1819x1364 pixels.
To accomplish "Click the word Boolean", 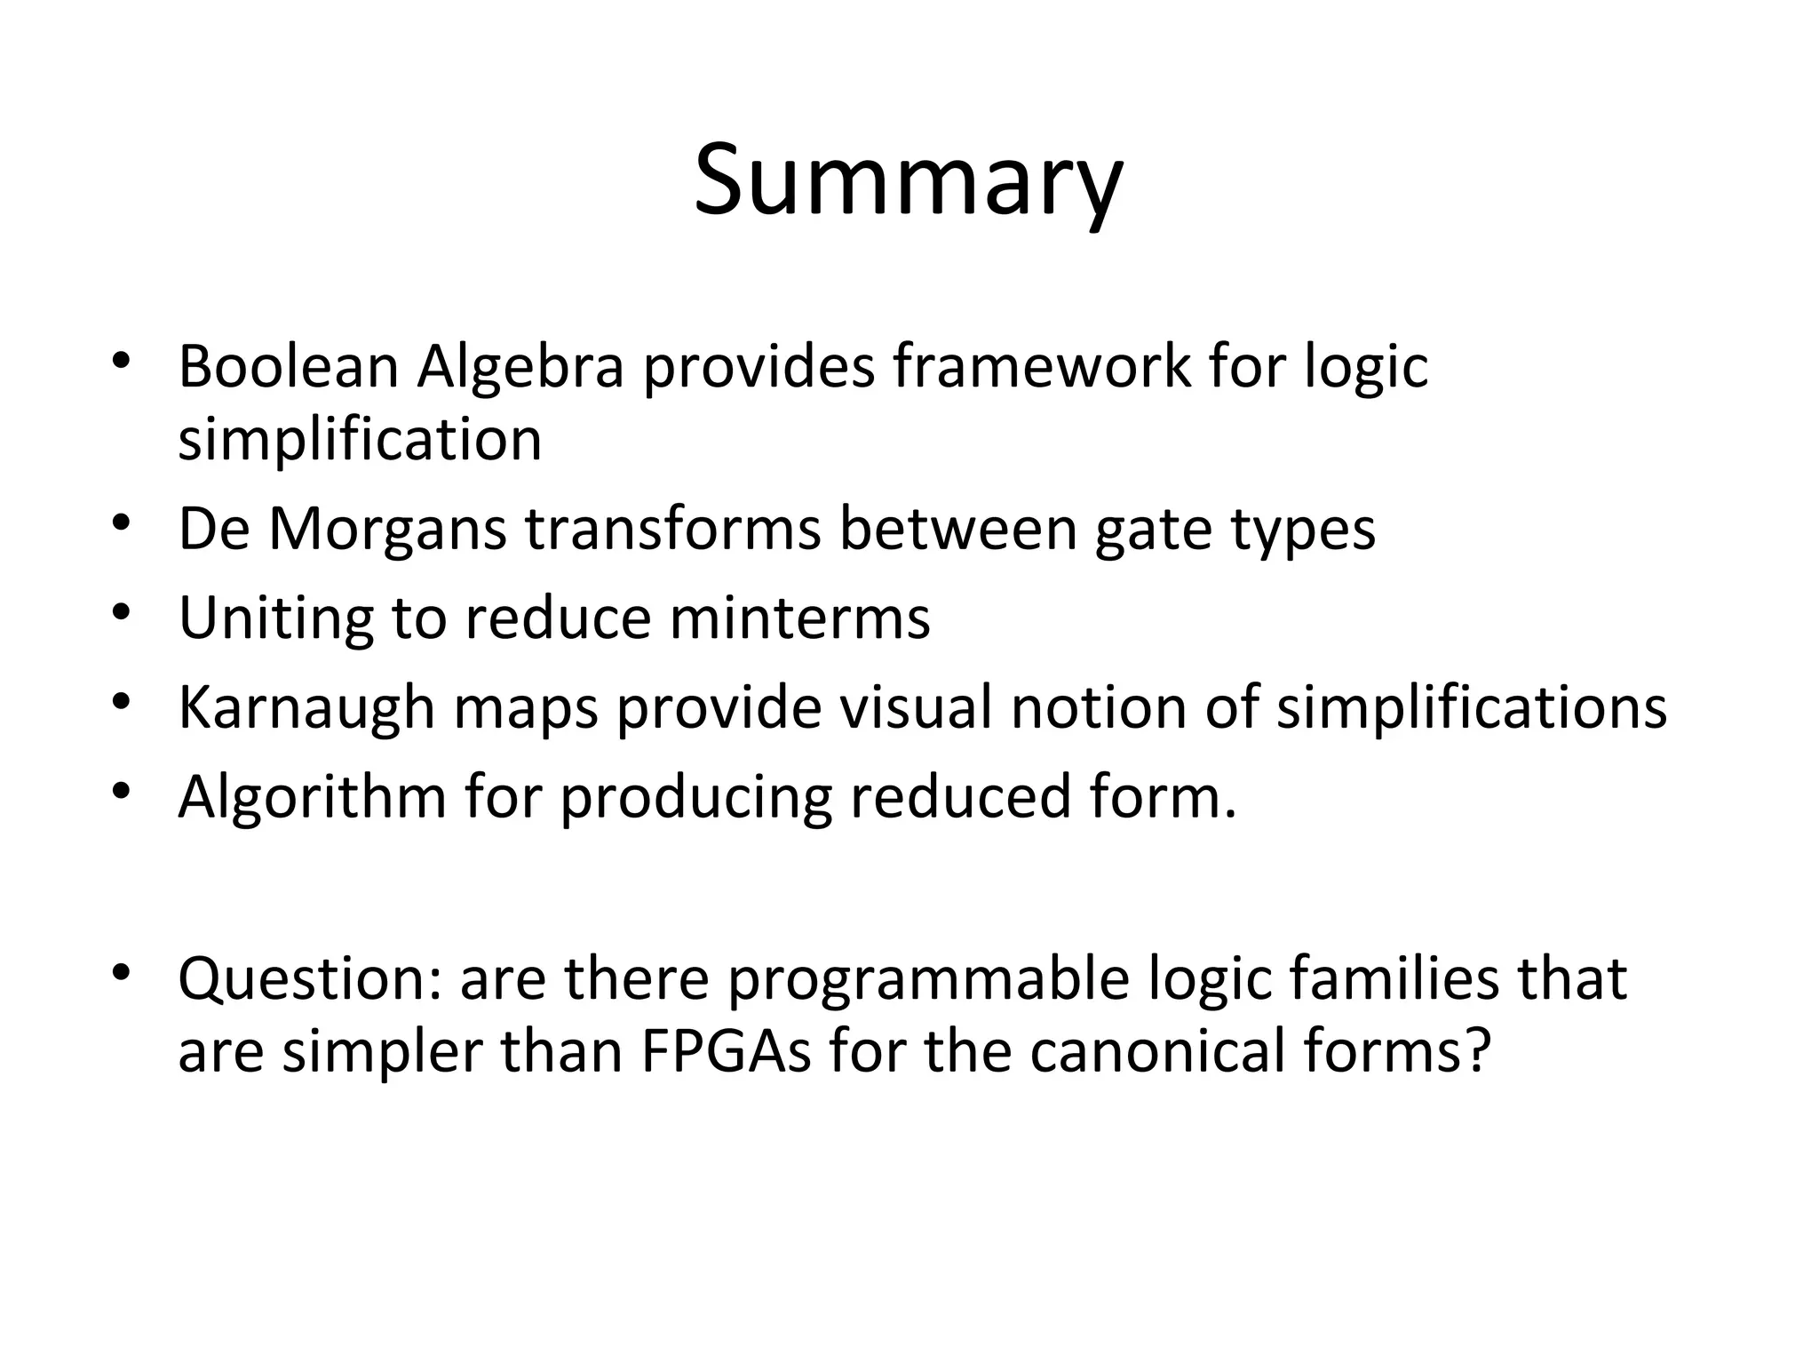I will click(288, 366).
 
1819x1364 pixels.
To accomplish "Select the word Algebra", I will click(520, 366).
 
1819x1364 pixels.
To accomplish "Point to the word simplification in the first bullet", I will click(360, 439).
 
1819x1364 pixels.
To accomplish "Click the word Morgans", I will click(386, 530).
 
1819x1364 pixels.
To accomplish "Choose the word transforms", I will click(672, 530).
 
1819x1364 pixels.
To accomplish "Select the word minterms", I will click(799, 618).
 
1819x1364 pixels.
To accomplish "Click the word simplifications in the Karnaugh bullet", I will click(1471, 708).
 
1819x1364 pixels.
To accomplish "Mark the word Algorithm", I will click(312, 797).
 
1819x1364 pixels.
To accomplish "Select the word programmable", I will click(928, 979).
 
